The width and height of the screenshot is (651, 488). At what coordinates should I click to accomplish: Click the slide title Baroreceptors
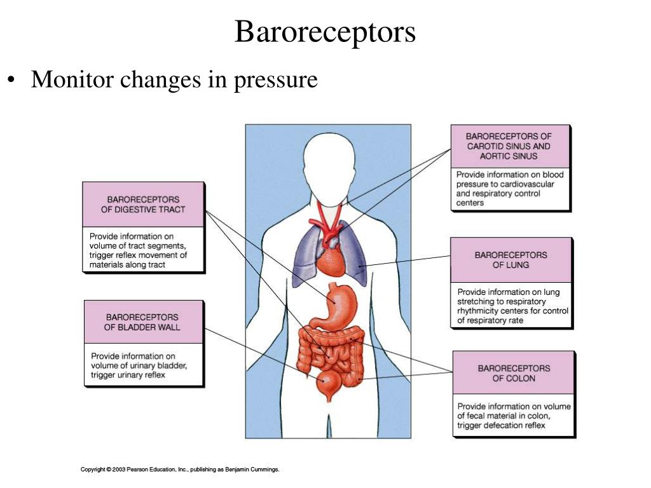[325, 32]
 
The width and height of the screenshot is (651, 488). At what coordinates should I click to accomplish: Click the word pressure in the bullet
[275, 80]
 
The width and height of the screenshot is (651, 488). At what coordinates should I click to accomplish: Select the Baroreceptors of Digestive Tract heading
[143, 205]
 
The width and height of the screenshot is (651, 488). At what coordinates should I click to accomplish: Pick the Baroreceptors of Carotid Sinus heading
[509, 146]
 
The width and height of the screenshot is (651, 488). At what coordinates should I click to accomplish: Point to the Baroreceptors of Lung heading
[511, 260]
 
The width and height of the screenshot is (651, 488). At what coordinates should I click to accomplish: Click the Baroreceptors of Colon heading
[514, 373]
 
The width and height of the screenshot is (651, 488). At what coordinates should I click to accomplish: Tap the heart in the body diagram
[331, 261]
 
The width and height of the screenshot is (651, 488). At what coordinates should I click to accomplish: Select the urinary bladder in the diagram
[329, 385]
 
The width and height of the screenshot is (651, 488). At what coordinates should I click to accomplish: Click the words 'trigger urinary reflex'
[128, 375]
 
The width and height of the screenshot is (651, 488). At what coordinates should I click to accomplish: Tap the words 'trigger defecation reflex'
[502, 425]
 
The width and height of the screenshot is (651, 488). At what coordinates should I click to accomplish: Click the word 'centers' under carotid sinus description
[470, 203]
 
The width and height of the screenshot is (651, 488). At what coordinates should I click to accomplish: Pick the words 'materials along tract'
[127, 264]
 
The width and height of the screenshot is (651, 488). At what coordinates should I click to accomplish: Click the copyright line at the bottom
[180, 470]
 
